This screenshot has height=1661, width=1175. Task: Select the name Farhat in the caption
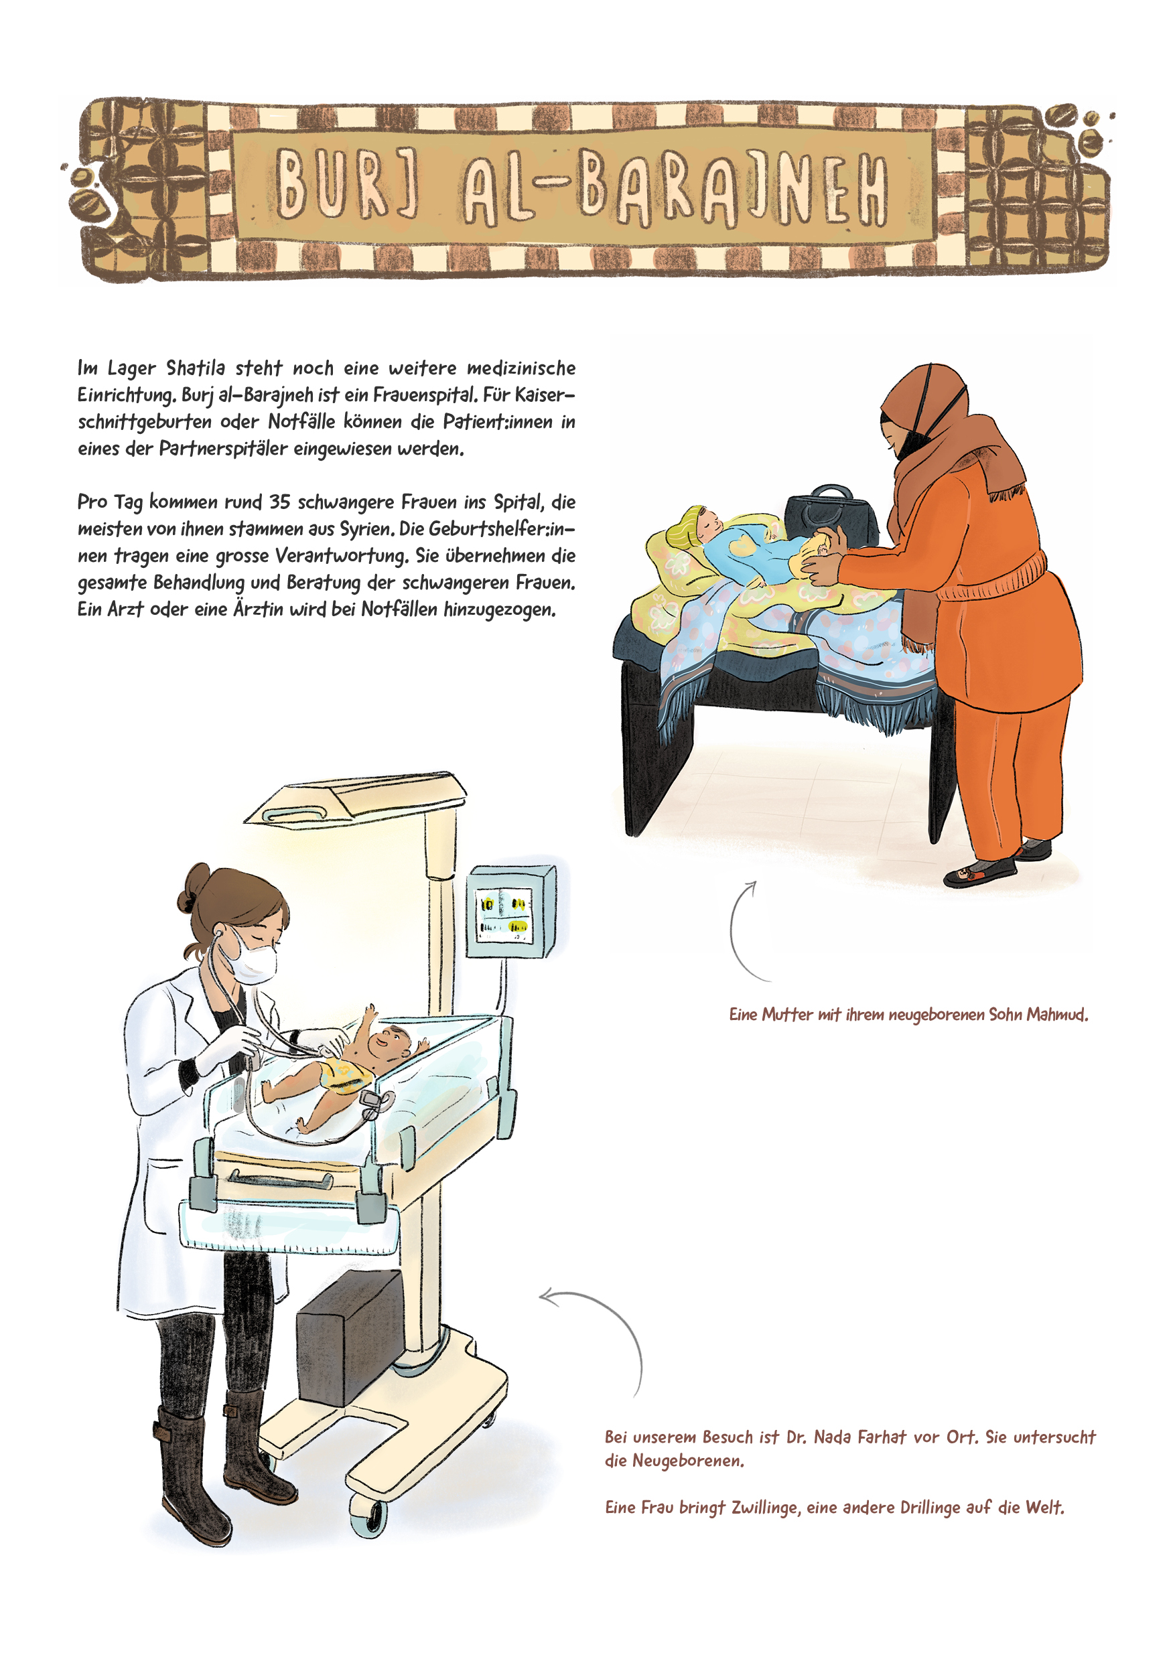tap(879, 1437)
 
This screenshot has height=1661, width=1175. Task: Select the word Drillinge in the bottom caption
tap(930, 1508)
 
